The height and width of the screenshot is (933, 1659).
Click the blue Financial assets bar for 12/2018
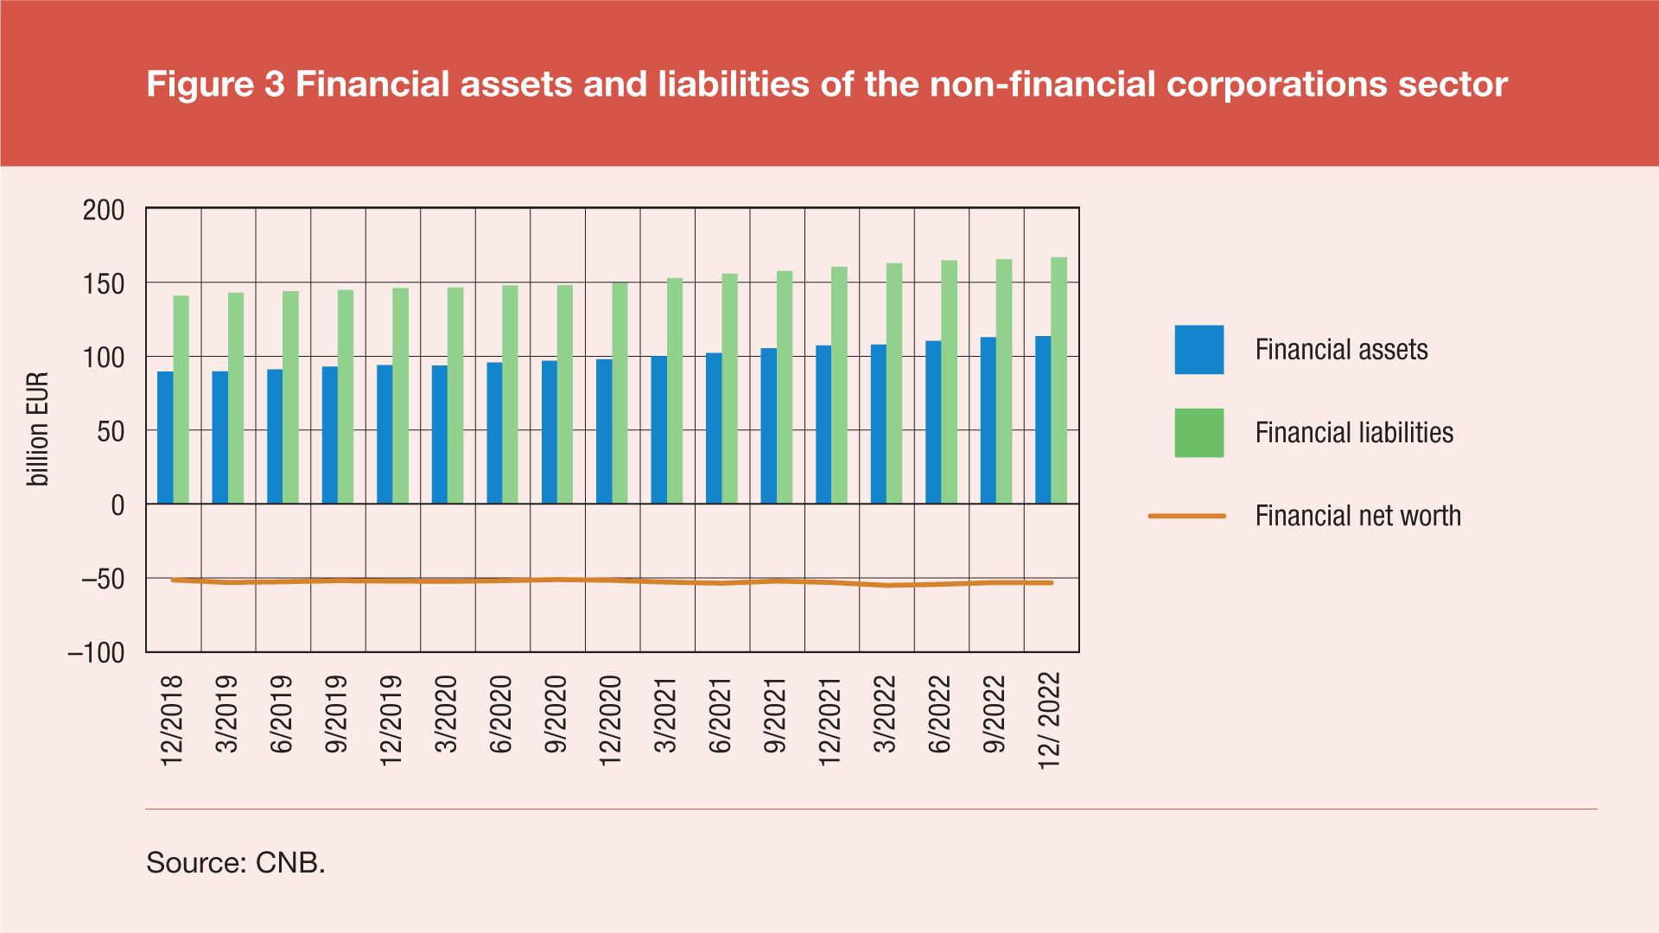165,438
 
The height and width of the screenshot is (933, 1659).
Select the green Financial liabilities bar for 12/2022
1058,380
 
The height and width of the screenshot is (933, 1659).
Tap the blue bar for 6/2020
494,433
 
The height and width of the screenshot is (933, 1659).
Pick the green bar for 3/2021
675,390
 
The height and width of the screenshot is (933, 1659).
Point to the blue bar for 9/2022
988,421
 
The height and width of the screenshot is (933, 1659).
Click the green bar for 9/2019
346,397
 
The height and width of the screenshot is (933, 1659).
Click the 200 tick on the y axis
104,210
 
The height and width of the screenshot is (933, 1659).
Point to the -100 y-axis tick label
96,653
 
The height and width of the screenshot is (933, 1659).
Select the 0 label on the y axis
118,505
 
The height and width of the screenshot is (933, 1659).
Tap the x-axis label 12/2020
610,720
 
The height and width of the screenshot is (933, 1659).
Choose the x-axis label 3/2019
226,714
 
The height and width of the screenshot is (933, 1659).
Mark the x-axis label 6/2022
939,714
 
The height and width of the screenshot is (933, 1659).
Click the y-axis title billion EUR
38,429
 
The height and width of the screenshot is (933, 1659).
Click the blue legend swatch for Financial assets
1198,350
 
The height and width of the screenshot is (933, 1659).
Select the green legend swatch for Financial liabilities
1198,433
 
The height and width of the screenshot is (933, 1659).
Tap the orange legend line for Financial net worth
1186,517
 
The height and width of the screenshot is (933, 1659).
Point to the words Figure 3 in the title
215,85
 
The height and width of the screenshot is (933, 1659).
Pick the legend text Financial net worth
1357,517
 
